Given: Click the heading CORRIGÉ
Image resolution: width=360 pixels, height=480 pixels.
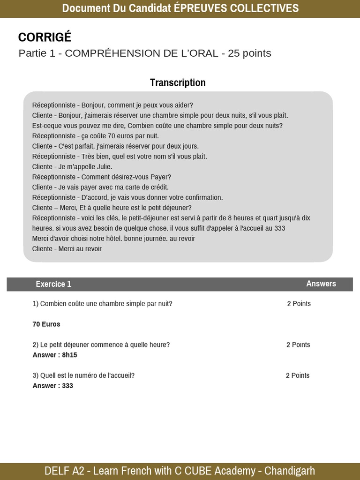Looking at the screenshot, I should point(45,37).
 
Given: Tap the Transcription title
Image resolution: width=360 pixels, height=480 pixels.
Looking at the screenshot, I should point(178,83).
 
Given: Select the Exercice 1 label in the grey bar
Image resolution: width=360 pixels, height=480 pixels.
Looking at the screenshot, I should point(53,284).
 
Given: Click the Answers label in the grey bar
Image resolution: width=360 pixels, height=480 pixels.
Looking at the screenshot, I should point(321,284).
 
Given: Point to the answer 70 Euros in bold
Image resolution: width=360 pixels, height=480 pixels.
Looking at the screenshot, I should point(46,324).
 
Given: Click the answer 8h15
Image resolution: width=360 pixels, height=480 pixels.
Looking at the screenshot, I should point(69,355).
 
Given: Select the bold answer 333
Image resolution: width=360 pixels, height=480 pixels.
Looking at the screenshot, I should point(67,386).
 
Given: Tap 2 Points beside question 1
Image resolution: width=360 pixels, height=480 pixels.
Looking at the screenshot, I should point(299,304).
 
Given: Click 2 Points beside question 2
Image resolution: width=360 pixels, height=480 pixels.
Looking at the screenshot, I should point(298,345).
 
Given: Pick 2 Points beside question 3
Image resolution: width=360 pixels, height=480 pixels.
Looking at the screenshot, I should point(298,375).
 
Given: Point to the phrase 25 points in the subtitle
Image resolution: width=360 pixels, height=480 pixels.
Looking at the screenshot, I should point(249,53).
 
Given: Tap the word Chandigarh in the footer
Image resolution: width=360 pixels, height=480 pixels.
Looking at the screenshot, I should point(289,471).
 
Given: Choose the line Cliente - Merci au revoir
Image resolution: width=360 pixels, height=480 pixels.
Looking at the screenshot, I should point(67,249).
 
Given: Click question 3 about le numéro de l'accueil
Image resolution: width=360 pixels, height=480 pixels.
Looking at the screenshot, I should point(83,375).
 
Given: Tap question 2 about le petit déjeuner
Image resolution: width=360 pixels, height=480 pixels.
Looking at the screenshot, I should point(101,345).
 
